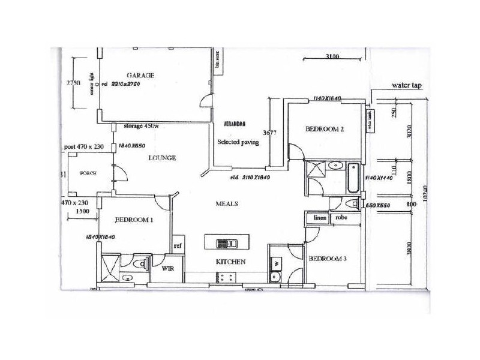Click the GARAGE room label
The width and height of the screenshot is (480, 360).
click(x=140, y=75)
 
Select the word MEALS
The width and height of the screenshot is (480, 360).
click(x=227, y=204)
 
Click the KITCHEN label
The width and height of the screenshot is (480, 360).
click(x=231, y=262)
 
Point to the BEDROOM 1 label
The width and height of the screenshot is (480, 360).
click(x=135, y=220)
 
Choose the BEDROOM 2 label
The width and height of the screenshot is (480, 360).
click(x=324, y=129)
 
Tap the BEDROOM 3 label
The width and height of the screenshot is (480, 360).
click(x=326, y=259)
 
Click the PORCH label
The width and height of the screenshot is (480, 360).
click(x=89, y=173)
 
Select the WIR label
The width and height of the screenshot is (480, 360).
click(x=168, y=269)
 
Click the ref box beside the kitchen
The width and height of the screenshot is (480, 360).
click(x=178, y=246)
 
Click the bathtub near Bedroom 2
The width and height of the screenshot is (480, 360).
click(x=353, y=177)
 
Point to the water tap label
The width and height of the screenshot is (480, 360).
click(x=407, y=86)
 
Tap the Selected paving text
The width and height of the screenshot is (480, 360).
click(x=238, y=142)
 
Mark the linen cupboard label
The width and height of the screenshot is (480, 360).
click(x=319, y=218)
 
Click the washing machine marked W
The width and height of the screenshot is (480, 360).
click(x=277, y=262)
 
